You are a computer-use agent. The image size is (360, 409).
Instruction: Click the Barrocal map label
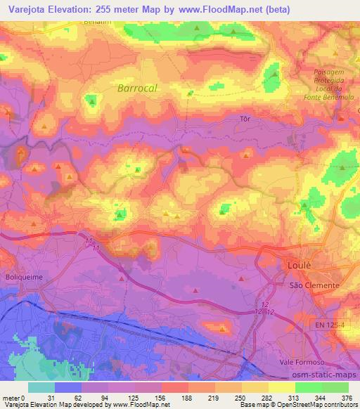tap(137, 89)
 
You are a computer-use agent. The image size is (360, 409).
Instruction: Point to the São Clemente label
tap(315, 286)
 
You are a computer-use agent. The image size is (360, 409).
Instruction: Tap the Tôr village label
tap(245, 119)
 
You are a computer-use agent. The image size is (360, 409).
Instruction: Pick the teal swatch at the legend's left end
tap(43, 387)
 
